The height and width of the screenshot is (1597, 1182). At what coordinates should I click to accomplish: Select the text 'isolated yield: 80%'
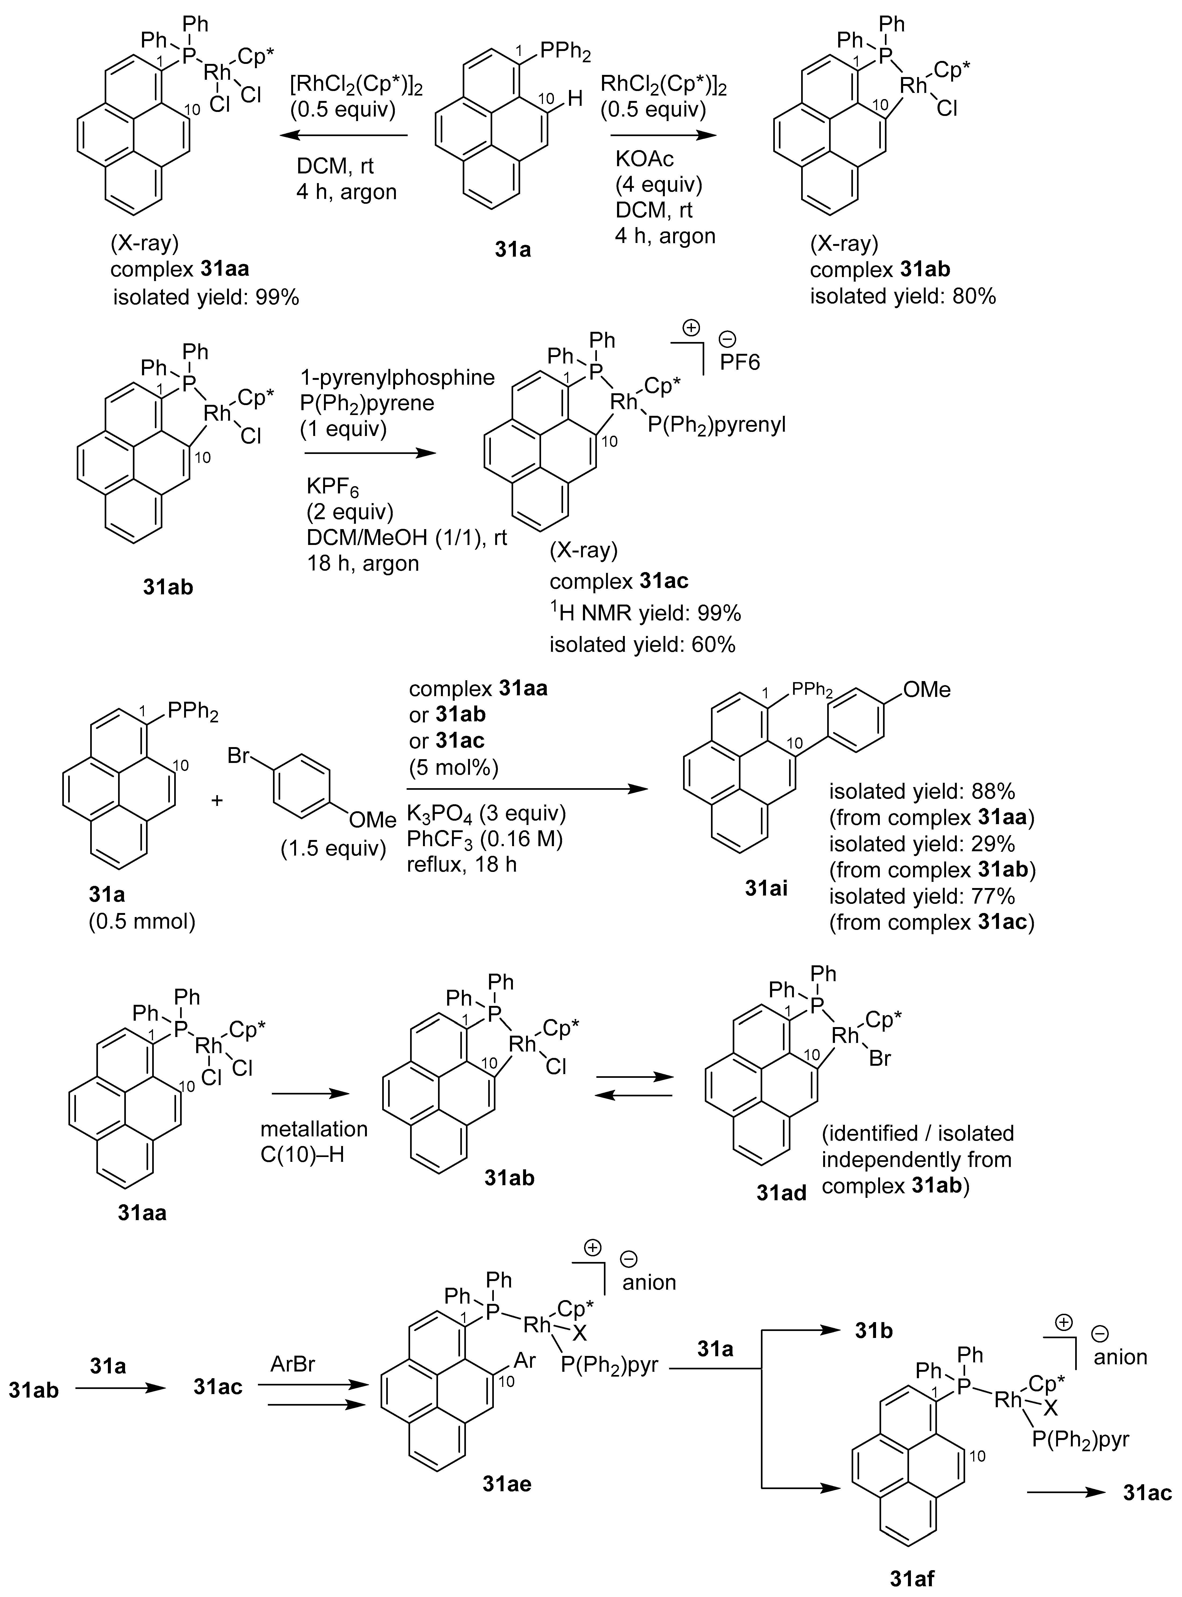(x=903, y=296)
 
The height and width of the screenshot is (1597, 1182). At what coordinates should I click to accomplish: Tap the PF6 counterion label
(x=740, y=362)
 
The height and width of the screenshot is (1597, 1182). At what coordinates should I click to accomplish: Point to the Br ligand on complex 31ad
(x=879, y=1057)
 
